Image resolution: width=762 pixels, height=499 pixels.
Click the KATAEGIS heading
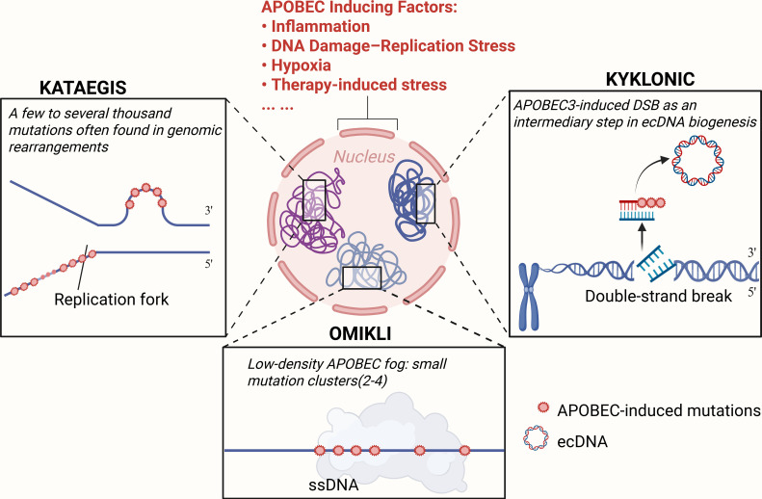[83, 88]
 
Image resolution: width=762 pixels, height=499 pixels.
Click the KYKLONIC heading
[649, 79]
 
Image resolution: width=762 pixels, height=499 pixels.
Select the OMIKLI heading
[360, 334]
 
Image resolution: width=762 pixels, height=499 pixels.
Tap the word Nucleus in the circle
[364, 156]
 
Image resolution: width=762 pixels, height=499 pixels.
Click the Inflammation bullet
[316, 26]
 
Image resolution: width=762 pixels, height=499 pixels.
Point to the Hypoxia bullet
[297, 65]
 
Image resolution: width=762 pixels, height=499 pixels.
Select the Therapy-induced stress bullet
[355, 84]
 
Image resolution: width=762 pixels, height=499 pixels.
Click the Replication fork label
[112, 300]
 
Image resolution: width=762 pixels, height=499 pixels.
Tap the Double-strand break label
[658, 296]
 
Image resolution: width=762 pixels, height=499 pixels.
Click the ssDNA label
[333, 485]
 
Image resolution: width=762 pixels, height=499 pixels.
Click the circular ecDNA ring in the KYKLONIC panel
[697, 161]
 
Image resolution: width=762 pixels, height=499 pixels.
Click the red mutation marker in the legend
[542, 407]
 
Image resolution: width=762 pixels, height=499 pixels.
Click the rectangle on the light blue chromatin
[362, 277]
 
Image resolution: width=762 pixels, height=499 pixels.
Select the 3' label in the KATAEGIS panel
[208, 211]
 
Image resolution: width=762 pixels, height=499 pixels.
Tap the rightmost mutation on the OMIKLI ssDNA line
[464, 451]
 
